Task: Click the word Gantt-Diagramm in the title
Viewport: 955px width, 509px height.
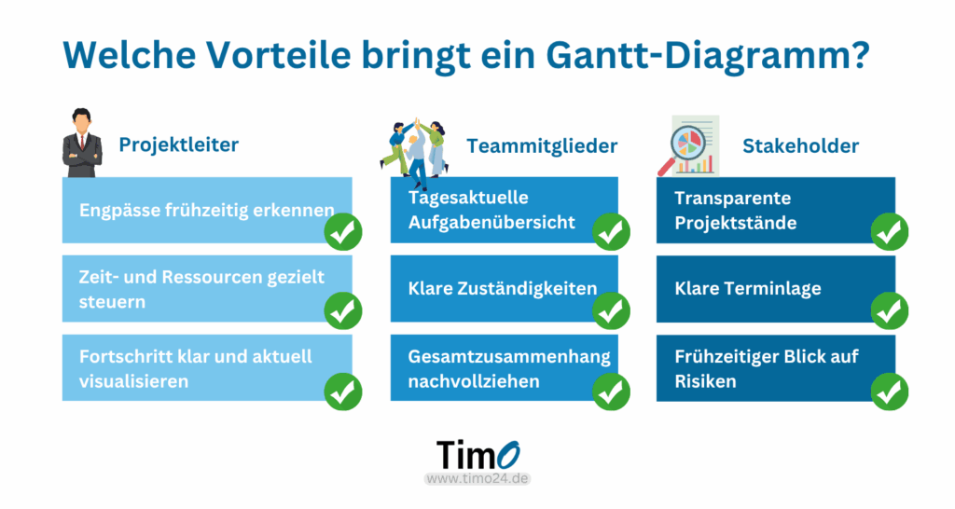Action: pos(708,56)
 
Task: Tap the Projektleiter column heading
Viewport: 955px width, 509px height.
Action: pos(178,144)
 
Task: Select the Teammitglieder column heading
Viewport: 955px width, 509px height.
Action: pos(542,146)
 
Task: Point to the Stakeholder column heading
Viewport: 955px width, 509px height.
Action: pos(800,146)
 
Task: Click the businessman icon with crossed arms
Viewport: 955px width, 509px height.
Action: pos(82,143)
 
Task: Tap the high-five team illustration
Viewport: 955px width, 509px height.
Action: pos(416,152)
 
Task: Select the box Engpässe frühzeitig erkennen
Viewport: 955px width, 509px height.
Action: pos(207,210)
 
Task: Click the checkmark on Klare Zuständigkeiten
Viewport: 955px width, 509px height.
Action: pos(611,310)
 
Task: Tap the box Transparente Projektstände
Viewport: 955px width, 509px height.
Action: pos(776,210)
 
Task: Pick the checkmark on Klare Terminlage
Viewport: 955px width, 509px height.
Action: pos(889,310)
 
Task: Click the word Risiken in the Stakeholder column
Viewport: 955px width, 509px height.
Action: pos(705,382)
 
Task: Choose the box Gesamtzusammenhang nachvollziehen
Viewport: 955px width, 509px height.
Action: pos(505,367)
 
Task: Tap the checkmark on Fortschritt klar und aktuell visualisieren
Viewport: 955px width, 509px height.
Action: pos(343,392)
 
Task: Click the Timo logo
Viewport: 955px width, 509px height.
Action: pos(478,456)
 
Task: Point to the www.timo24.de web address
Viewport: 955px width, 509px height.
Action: pos(477,478)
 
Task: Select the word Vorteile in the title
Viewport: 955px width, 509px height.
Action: pos(278,55)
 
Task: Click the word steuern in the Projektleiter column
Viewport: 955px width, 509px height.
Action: pos(112,302)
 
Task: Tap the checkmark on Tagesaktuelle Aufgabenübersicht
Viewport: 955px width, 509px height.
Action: pos(611,231)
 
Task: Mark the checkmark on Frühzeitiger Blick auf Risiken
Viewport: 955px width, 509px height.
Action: pos(889,392)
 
